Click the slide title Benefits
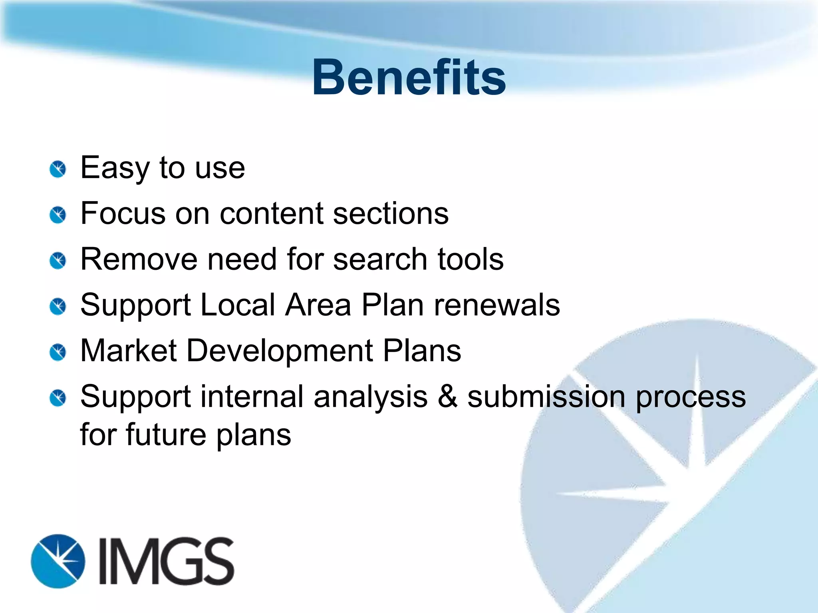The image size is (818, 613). tap(409, 77)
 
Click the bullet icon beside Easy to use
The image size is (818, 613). tap(58, 170)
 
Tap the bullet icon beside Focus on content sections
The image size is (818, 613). tap(58, 216)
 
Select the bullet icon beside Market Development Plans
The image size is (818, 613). tap(58, 352)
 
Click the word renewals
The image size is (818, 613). tap(497, 305)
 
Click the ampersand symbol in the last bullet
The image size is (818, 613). tap(447, 397)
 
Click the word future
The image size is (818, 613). tap(166, 435)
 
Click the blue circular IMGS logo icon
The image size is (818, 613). tap(58, 561)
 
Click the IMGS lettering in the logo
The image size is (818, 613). tap(166, 561)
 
